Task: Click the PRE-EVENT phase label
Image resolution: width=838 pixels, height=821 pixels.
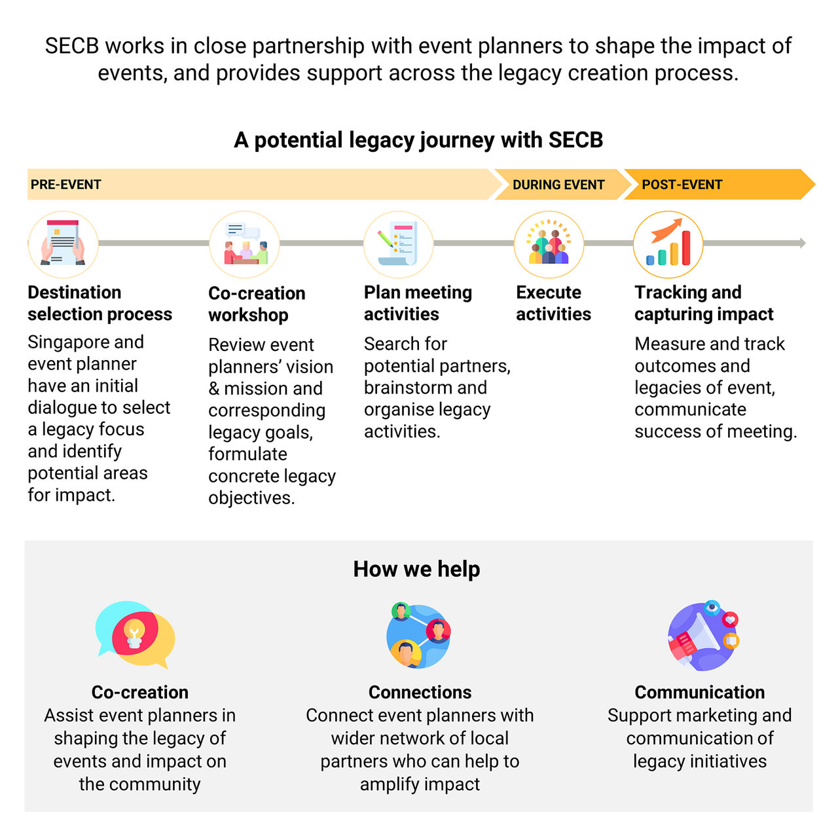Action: click(x=65, y=185)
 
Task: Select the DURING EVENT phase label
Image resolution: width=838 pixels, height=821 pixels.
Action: click(x=558, y=185)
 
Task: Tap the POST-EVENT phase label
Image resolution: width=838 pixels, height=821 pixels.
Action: click(x=682, y=185)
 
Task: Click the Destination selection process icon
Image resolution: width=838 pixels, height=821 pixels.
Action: click(x=63, y=244)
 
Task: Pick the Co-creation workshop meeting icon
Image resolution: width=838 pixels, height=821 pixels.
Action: click(x=244, y=244)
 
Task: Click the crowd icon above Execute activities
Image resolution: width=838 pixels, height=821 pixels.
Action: click(x=549, y=244)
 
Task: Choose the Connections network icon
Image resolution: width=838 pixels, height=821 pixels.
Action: click(x=419, y=635)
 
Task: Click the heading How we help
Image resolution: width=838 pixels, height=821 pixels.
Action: click(x=416, y=569)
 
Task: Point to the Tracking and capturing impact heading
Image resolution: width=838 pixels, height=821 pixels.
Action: click(x=704, y=303)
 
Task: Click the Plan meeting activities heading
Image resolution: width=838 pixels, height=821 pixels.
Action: click(x=418, y=303)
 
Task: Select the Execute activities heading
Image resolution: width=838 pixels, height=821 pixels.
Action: click(x=553, y=303)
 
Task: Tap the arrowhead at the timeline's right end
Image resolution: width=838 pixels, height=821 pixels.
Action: click(x=803, y=243)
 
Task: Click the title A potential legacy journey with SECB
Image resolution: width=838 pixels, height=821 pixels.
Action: click(x=418, y=140)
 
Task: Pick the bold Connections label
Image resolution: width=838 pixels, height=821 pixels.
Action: click(x=420, y=692)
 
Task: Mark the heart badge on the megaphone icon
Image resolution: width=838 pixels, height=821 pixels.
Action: click(x=730, y=619)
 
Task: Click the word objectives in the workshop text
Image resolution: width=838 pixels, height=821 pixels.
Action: click(x=251, y=498)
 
